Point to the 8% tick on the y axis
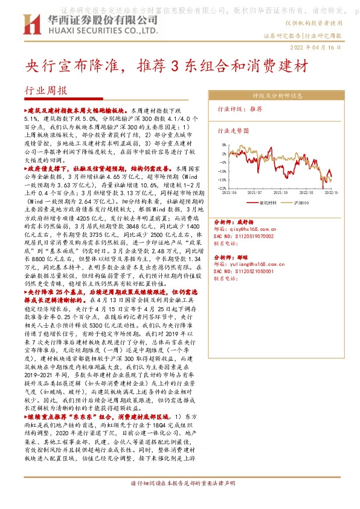[225, 145]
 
